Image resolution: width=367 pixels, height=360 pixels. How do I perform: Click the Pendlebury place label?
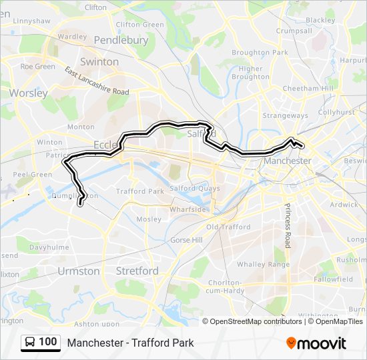tap(121, 40)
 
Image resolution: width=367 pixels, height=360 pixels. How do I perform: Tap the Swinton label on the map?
tap(99, 62)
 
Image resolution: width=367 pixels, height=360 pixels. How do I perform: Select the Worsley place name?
tap(29, 93)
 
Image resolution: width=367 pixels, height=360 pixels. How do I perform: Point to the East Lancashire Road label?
tap(97, 81)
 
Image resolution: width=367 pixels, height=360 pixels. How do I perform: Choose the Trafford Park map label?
tap(140, 191)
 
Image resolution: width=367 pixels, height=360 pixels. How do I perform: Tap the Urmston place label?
tap(79, 271)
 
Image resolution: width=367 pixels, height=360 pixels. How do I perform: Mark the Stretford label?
tap(137, 271)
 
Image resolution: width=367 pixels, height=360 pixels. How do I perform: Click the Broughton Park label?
tap(250, 53)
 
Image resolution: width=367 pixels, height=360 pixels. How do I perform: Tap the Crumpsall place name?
tap(294, 31)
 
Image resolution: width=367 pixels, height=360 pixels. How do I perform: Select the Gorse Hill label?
tap(186, 239)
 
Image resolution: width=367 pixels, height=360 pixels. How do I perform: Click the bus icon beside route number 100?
tap(30, 342)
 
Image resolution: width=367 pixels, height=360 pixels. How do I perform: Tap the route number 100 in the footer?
tap(48, 342)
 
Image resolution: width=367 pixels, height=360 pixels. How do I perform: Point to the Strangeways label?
tap(285, 115)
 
